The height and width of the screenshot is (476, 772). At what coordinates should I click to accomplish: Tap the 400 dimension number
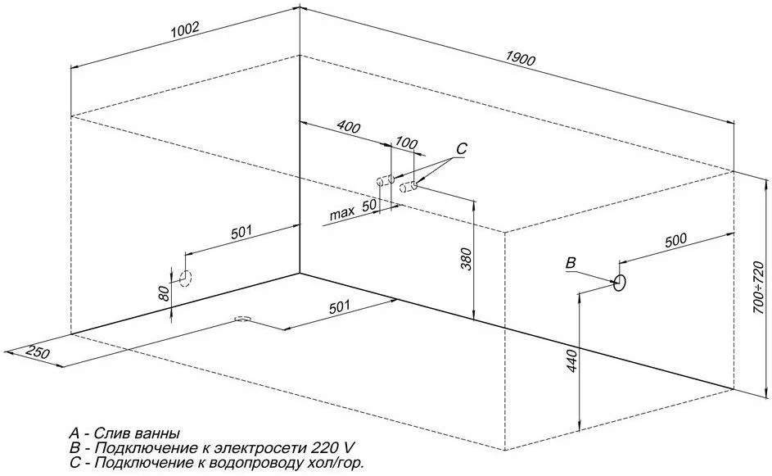tap(348, 129)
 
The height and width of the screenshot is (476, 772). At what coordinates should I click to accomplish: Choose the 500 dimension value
tap(675, 240)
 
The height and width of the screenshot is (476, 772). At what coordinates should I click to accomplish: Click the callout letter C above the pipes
tap(461, 149)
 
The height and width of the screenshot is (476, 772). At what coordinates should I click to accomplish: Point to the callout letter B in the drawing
tap(571, 262)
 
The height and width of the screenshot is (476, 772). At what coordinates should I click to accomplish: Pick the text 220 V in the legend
tap(334, 448)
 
